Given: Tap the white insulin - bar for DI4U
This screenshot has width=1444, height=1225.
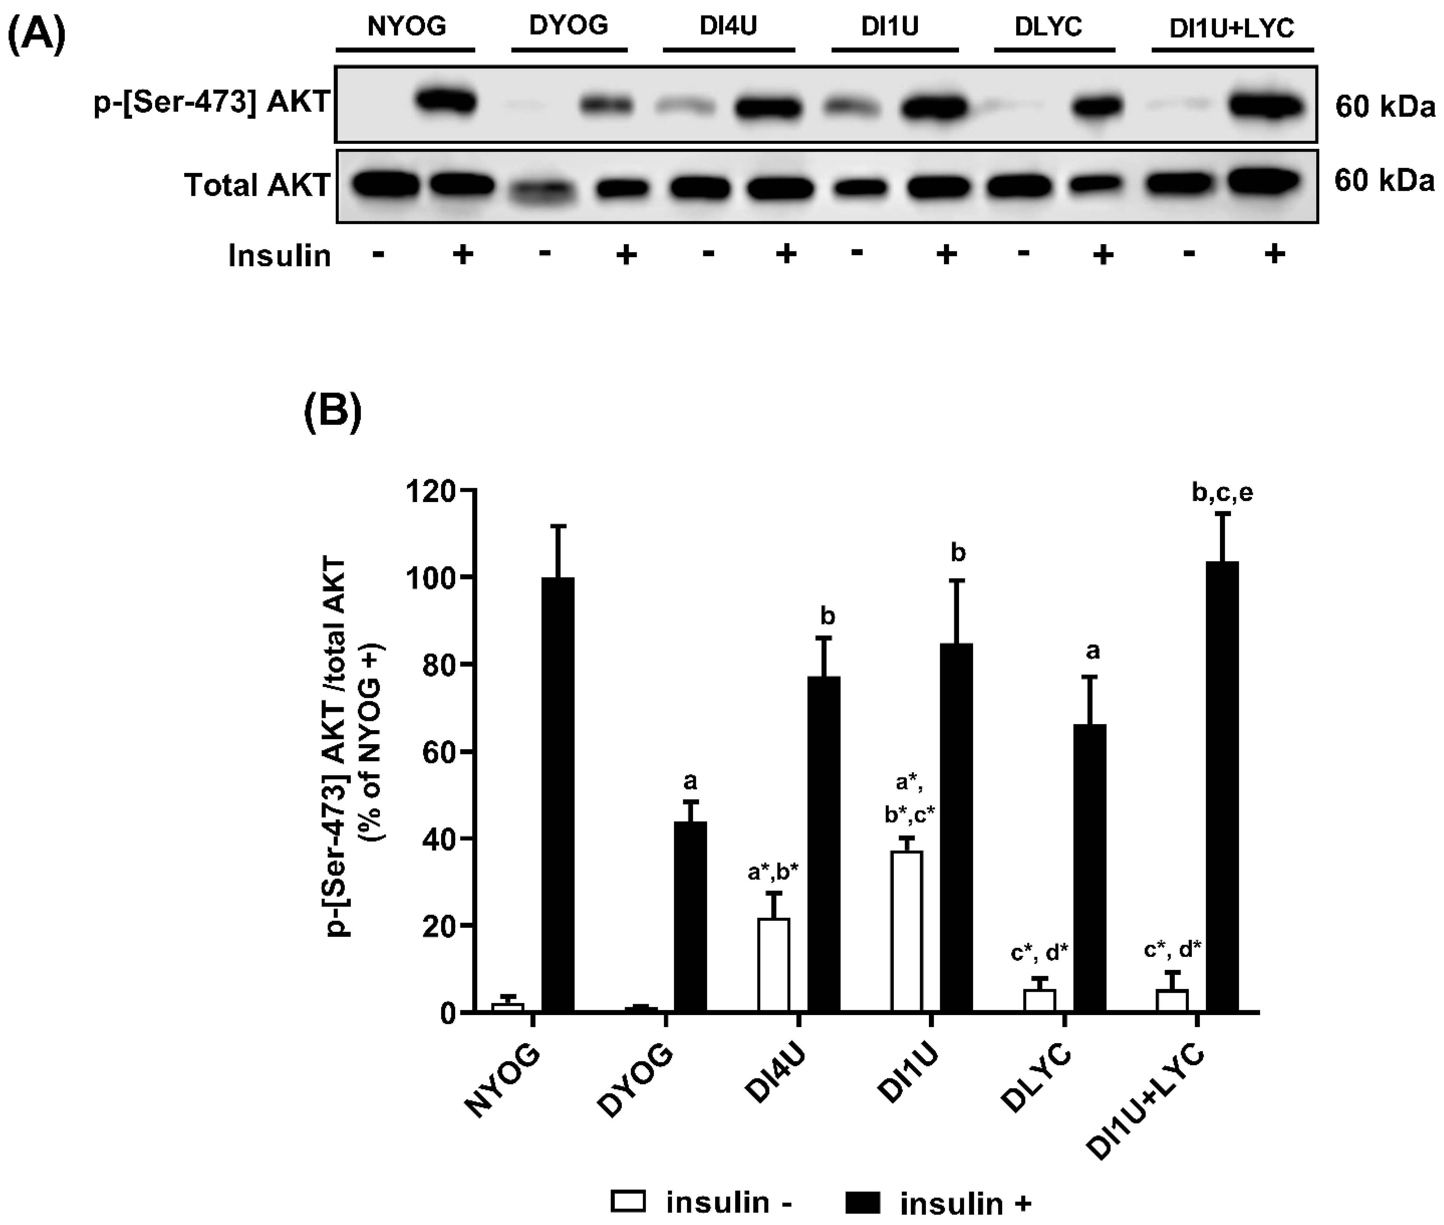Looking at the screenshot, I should tap(774, 965).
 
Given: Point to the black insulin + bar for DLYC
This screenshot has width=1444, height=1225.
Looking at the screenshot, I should tap(1090, 868).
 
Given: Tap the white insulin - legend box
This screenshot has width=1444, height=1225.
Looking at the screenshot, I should tap(628, 1201).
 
